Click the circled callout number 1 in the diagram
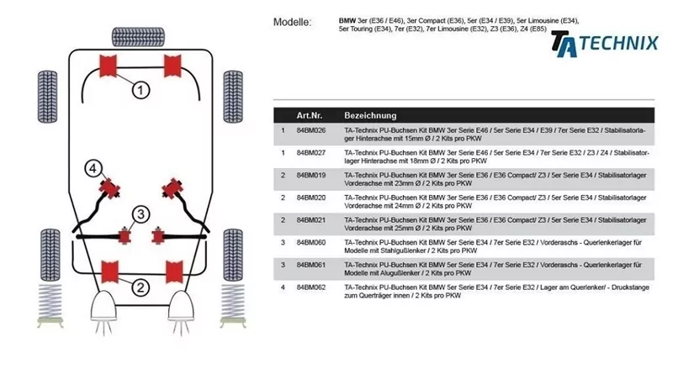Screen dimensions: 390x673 point(140,88)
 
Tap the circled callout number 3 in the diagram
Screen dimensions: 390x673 point(140,213)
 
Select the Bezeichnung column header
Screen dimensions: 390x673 point(370,114)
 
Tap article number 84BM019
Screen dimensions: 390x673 point(310,176)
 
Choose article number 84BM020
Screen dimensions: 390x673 point(310,198)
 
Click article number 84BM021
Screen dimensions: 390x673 point(310,220)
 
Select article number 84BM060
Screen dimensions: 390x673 point(310,242)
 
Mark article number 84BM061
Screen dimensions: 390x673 point(310,265)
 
